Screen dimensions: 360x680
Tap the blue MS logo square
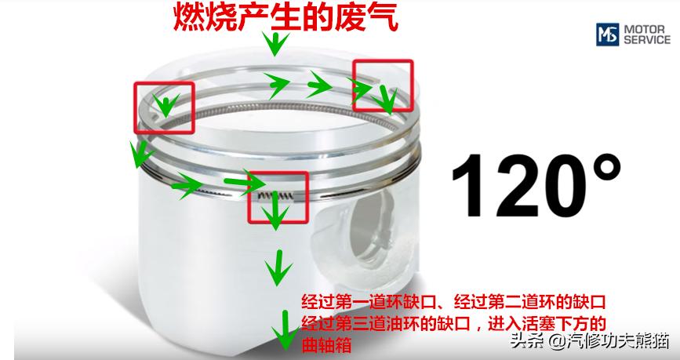click(606, 35)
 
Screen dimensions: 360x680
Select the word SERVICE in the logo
click(647, 40)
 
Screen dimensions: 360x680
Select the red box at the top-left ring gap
click(163, 107)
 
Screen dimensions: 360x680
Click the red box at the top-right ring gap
click(381, 85)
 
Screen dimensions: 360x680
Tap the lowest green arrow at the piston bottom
click(280, 334)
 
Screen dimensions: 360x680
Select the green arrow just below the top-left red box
click(140, 155)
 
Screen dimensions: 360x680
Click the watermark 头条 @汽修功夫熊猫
click(589, 341)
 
